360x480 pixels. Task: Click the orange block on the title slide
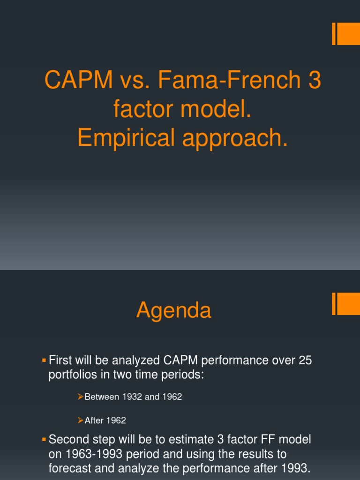348,34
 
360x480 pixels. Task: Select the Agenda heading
174,311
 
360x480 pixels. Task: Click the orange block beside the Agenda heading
348,304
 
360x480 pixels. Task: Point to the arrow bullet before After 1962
80,420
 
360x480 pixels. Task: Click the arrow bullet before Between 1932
80,397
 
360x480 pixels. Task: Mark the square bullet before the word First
44,360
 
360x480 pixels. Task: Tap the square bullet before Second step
44,439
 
